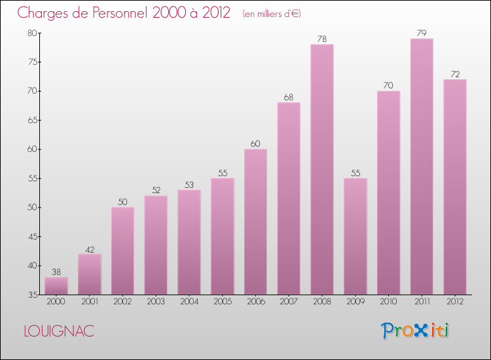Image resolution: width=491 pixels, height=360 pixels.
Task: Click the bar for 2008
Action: tap(322, 170)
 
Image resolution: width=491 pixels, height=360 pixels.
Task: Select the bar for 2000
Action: tap(56, 286)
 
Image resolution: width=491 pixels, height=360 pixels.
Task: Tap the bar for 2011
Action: tap(422, 167)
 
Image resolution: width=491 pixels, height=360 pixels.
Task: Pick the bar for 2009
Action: tap(355, 236)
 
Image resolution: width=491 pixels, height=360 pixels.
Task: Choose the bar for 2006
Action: tap(255, 222)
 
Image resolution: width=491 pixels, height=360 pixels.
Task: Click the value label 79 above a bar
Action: tap(422, 33)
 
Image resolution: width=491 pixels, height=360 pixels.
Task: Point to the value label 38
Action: tap(56, 271)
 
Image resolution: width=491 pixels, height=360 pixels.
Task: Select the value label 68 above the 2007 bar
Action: tap(289, 97)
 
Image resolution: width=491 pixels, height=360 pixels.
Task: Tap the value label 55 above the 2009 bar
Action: tap(355, 173)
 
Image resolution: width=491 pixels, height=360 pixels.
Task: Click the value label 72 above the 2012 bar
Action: tap(455, 73)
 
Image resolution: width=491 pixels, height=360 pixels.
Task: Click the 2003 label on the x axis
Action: tap(156, 302)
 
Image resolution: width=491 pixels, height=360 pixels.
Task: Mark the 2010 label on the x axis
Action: tap(388, 302)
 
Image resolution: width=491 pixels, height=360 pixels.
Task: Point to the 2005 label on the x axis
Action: tap(222, 302)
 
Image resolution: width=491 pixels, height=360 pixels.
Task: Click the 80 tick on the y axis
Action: tap(32, 33)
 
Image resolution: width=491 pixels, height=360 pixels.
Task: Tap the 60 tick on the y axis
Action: tap(32, 149)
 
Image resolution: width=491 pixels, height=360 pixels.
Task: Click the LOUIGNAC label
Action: tap(58, 331)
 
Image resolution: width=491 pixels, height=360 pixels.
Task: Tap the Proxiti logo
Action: tap(416, 331)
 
